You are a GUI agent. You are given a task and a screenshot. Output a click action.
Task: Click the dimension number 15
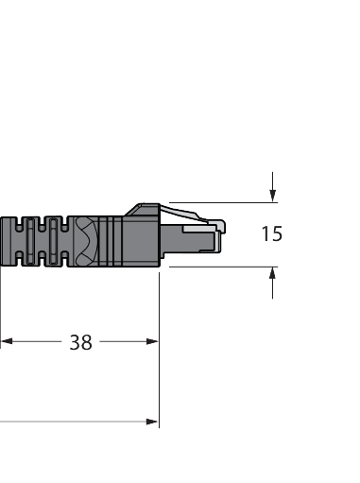pos(271,233)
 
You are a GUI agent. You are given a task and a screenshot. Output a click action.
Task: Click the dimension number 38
pos(81,342)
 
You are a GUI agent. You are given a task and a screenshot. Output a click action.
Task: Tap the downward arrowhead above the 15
pos(273,196)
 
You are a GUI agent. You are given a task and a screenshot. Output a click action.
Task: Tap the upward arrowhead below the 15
pos(273,273)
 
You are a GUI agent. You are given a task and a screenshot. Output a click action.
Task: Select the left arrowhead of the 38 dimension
pos(6,341)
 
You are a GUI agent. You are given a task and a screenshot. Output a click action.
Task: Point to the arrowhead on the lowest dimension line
pos(151,422)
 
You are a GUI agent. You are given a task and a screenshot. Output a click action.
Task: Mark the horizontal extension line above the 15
pos(227,201)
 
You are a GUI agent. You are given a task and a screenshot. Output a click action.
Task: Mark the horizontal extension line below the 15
pos(217,267)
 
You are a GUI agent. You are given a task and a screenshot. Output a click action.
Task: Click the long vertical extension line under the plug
pos(159,359)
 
